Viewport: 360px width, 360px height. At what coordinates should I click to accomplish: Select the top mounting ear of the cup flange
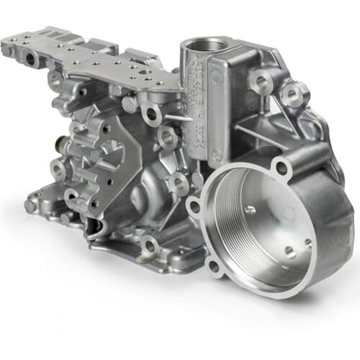[282, 168]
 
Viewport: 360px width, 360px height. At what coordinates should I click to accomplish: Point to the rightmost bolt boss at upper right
[294, 92]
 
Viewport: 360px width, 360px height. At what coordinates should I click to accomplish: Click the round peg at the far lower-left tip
[30, 206]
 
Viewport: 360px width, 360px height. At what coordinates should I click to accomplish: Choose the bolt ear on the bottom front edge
[148, 248]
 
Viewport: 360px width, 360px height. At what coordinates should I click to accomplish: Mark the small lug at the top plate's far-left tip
[6, 48]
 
